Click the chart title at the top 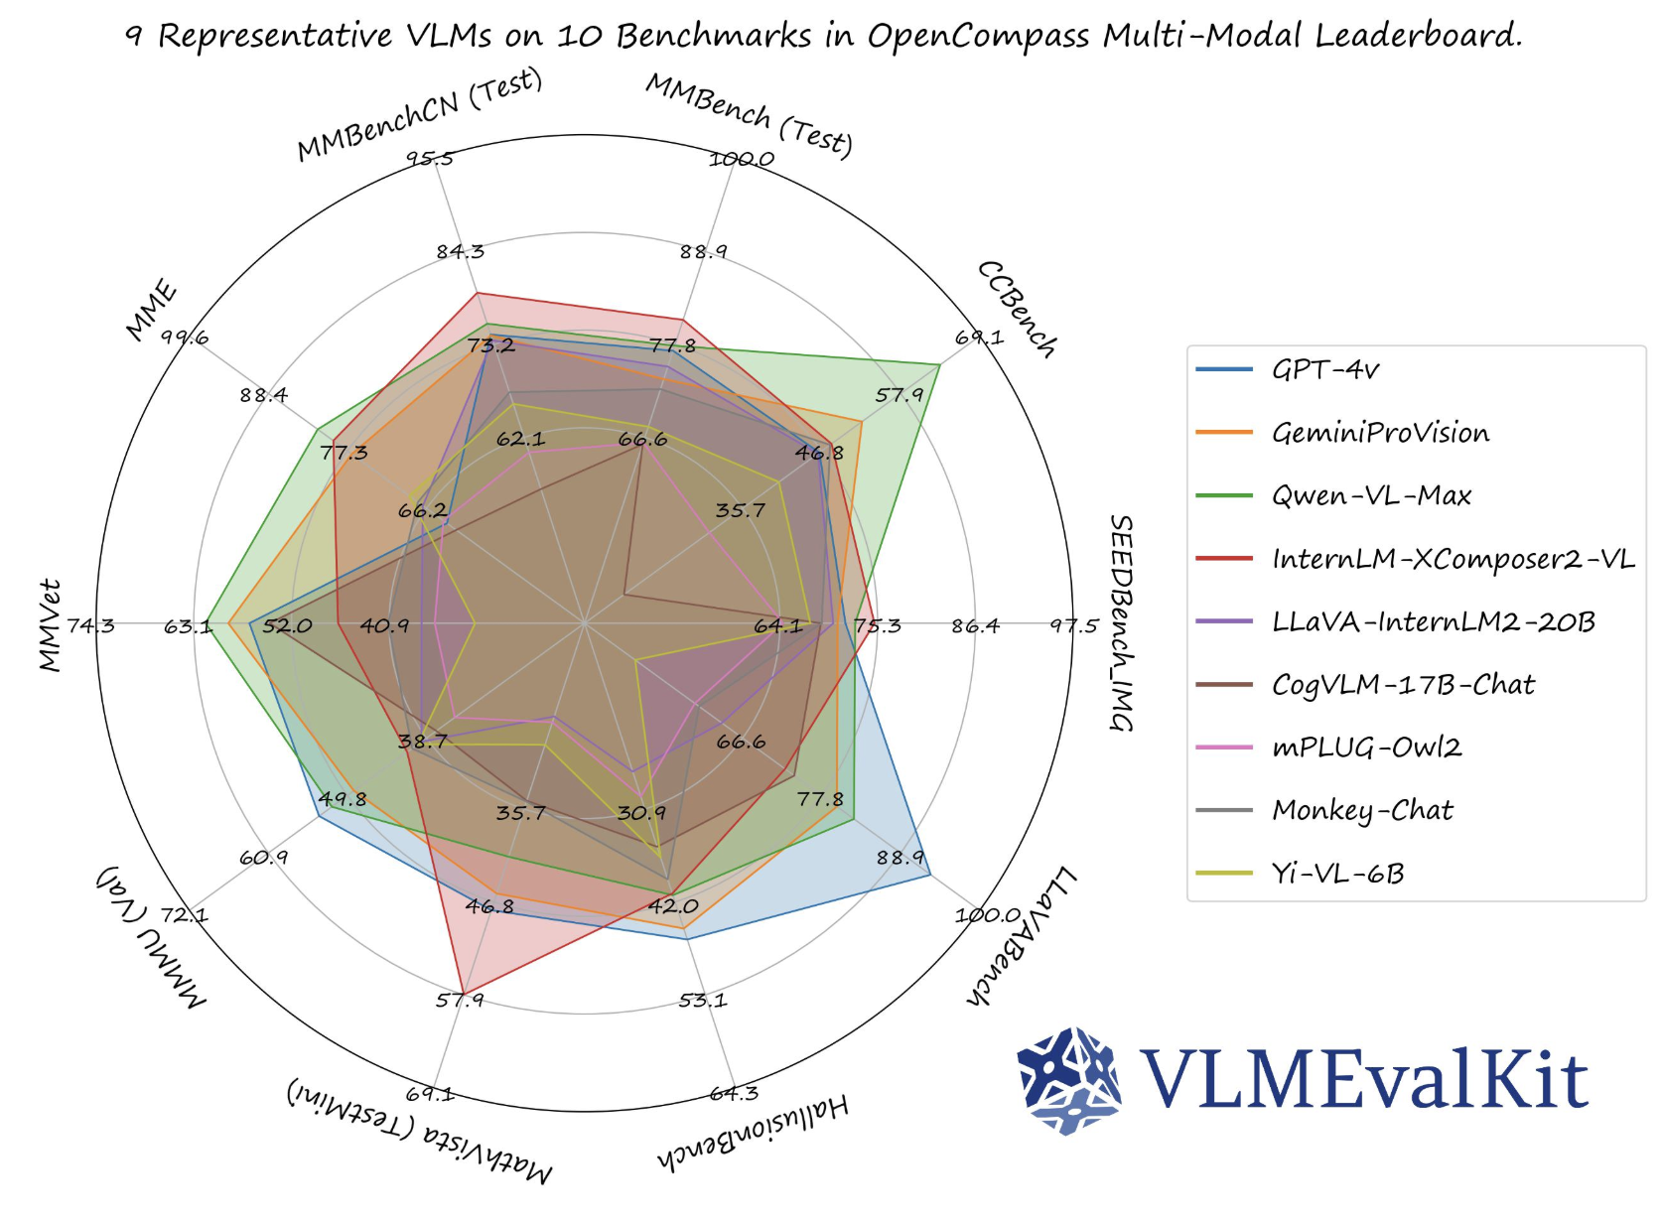[823, 37]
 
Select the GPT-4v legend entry [1325, 370]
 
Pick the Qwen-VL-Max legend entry [1371, 495]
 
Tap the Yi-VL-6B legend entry [1337, 874]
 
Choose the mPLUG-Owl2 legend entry [1366, 747]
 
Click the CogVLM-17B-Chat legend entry [1403, 685]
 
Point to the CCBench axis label [1018, 308]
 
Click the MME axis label [151, 311]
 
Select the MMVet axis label [51, 625]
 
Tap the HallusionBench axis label [753, 1132]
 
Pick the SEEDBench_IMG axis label [1121, 623]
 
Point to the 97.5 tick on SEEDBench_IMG [1074, 625]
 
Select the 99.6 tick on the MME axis [186, 338]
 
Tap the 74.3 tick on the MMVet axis [91, 625]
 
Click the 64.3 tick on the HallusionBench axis [734, 1093]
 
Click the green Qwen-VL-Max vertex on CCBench [939, 365]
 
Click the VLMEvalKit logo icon [1069, 1080]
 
